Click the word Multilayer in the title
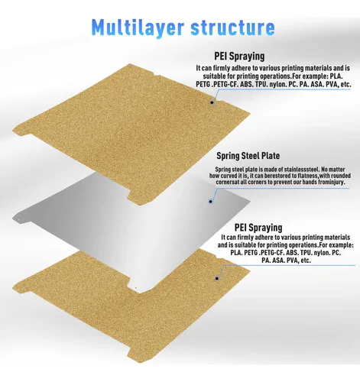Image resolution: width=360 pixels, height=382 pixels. [x=138, y=28]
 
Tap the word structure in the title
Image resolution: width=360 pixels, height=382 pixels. [x=233, y=28]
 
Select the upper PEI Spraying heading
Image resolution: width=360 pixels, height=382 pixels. [x=239, y=57]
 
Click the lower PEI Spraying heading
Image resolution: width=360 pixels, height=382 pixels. [x=258, y=228]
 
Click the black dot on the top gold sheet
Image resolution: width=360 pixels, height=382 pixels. [x=212, y=102]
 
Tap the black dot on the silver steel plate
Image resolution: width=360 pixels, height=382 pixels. [x=211, y=202]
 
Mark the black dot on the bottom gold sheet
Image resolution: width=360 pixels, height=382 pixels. [x=217, y=278]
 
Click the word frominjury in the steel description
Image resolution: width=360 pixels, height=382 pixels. [x=329, y=182]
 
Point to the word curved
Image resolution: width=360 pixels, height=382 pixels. [x=229, y=176]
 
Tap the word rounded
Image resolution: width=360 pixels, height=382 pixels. [x=340, y=176]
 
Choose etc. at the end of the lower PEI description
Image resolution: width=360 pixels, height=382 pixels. [x=306, y=261]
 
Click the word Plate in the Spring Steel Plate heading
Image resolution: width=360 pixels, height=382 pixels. [x=272, y=156]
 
